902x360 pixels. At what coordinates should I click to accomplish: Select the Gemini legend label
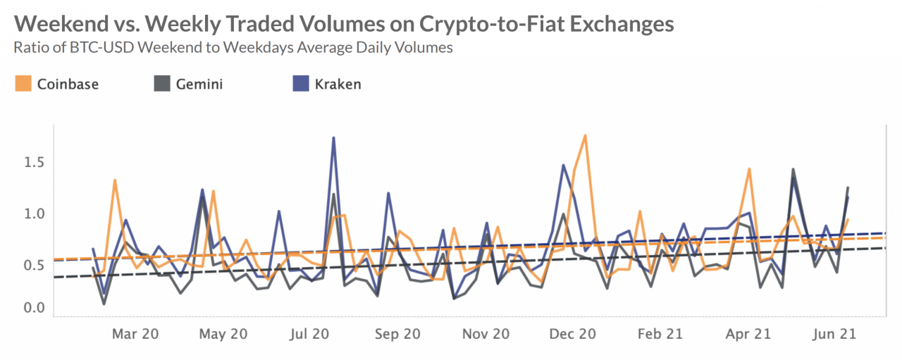pyautogui.click(x=199, y=85)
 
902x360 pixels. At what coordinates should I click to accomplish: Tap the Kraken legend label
pyautogui.click(x=338, y=85)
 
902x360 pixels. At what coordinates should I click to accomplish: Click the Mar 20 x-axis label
pyautogui.click(x=135, y=335)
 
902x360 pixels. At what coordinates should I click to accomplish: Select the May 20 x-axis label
pyautogui.click(x=225, y=335)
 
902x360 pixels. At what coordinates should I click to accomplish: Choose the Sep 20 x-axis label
pyautogui.click(x=398, y=335)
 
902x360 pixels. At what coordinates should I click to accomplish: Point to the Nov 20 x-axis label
pyautogui.click(x=486, y=335)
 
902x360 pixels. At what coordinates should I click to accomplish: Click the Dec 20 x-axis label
pyautogui.click(x=574, y=335)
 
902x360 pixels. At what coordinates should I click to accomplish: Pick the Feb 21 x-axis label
pyautogui.click(x=661, y=335)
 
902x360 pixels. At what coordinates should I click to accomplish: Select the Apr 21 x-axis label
pyautogui.click(x=748, y=335)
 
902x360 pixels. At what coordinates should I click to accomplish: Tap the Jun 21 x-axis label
pyautogui.click(x=834, y=335)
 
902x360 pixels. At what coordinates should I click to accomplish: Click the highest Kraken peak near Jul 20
pyautogui.click(x=333, y=138)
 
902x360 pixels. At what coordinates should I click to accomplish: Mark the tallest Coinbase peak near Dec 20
pyautogui.click(x=585, y=135)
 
